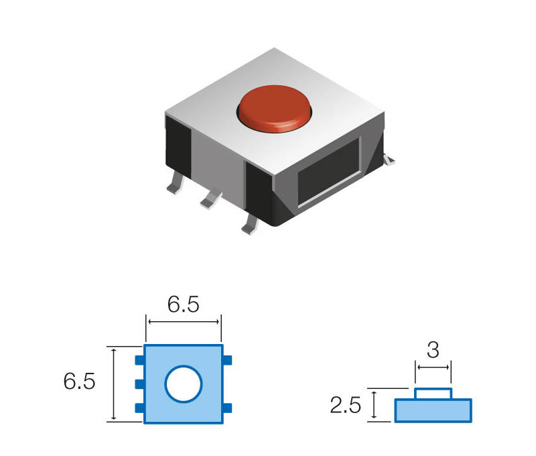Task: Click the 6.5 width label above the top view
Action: [183, 304]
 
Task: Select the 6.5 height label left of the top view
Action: [79, 382]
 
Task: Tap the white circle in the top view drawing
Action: [183, 384]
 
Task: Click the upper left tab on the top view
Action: [139, 361]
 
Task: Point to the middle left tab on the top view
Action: [139, 384]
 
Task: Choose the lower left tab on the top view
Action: [139, 408]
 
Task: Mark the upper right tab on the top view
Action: [227, 361]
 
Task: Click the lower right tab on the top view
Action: [227, 408]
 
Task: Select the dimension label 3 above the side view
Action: [433, 349]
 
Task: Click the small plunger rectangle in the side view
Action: [433, 394]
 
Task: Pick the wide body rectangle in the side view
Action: [433, 410]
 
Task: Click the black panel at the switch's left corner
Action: [179, 142]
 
